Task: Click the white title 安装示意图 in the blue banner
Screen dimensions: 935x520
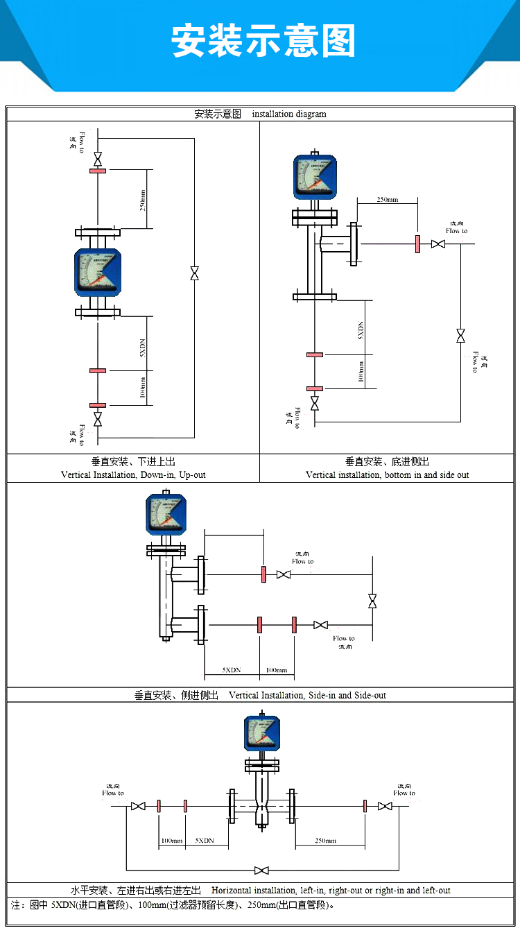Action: click(x=263, y=41)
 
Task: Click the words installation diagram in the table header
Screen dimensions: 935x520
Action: click(x=288, y=114)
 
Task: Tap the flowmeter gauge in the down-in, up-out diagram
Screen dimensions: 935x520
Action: click(x=98, y=273)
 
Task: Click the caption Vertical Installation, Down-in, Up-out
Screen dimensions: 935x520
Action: click(x=133, y=475)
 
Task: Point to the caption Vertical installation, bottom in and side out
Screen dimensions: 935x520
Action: click(x=387, y=475)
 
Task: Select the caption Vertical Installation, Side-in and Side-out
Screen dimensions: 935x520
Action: click(x=307, y=695)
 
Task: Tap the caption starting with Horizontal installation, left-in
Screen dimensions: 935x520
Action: click(x=331, y=890)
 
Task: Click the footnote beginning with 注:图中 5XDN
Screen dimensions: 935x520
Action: click(x=173, y=905)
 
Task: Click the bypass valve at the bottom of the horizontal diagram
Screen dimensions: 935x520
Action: click(x=261, y=870)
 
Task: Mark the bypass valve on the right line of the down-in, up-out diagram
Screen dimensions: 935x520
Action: click(x=194, y=274)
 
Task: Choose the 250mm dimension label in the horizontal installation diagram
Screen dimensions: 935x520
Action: click(x=325, y=841)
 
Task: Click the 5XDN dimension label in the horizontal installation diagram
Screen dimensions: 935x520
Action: click(x=204, y=841)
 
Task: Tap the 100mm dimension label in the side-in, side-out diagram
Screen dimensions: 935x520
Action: click(x=277, y=670)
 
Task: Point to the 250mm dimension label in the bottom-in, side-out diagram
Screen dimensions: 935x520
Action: click(x=387, y=200)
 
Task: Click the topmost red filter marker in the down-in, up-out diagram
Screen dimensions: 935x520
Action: click(x=98, y=170)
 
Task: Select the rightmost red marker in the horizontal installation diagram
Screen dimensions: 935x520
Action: click(x=365, y=806)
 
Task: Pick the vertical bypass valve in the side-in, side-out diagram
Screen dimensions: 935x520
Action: click(x=372, y=601)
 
